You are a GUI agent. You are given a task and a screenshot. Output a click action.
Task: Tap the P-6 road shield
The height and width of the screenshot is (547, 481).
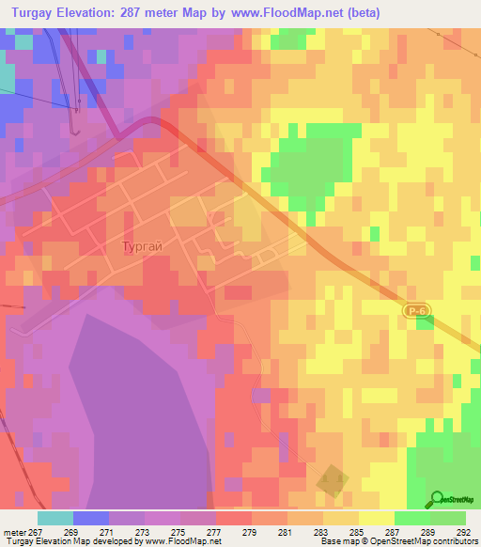pos(418,309)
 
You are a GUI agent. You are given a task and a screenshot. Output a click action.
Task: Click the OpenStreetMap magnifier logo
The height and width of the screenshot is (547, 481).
pos(438,499)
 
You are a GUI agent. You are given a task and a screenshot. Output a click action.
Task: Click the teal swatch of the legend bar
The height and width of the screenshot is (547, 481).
pos(54,518)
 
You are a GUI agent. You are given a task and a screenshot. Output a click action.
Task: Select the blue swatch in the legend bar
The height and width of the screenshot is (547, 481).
pos(91,518)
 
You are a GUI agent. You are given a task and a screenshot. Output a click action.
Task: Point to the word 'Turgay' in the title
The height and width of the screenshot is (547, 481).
pos(38,13)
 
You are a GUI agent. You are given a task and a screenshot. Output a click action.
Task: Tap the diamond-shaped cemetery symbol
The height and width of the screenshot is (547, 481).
pos(332,479)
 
